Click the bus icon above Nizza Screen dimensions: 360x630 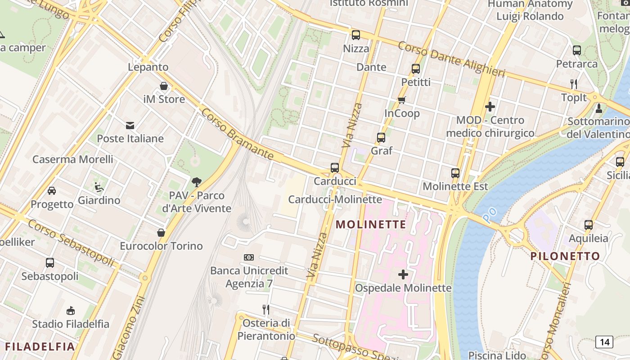pos(355,35)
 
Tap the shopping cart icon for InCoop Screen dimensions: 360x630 pos(401,100)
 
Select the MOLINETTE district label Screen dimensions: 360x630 pos(371,224)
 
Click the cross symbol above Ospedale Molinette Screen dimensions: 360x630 pos(403,274)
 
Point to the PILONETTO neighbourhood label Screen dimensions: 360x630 pos(565,256)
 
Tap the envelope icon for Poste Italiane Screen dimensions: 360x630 pos(130,125)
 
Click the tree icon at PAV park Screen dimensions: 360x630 pos(196,182)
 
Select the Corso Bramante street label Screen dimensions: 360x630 pos(237,134)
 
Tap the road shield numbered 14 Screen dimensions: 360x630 pos(604,342)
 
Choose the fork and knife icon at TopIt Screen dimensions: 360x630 pos(573,84)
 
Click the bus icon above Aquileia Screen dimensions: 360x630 pos(588,225)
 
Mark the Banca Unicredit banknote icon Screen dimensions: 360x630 pos(249,257)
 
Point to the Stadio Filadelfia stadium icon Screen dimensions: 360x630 pos(70,310)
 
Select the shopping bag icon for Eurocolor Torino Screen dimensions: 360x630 pos(161,233)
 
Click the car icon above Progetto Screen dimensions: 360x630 pos(52,190)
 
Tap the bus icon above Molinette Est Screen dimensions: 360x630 pos(455,173)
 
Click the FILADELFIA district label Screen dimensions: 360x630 pos(40,346)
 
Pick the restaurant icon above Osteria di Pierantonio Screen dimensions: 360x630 pos(266,309)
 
